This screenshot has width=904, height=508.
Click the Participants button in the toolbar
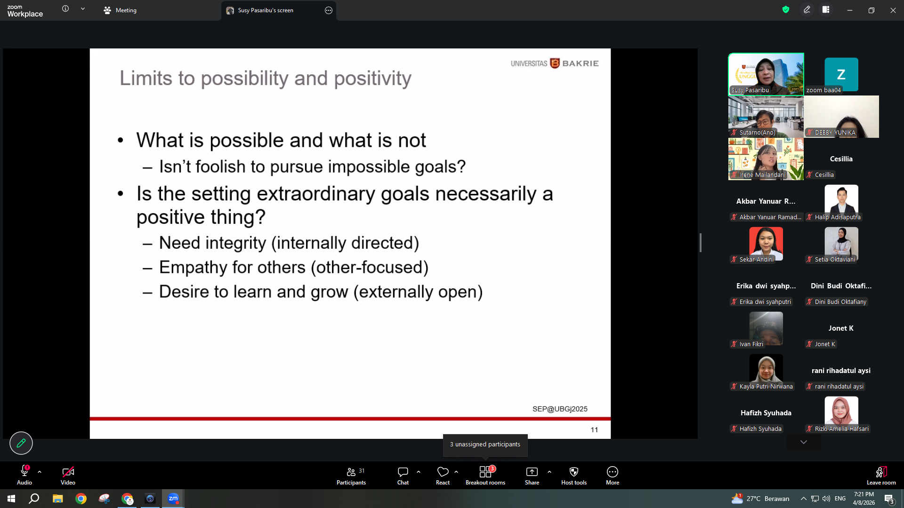coord(351,476)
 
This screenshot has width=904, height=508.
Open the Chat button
coord(403,476)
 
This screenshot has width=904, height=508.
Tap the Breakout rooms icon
coord(485,472)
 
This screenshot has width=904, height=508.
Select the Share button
coord(532,476)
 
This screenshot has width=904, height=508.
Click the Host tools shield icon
coord(574,472)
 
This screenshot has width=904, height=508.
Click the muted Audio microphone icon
coord(24,471)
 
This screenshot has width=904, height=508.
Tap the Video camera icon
coord(68,471)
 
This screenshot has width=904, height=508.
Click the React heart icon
coord(443,471)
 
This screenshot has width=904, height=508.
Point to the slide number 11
coord(594,430)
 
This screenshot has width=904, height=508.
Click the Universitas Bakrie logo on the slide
coord(555,63)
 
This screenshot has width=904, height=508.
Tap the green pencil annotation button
coord(21,443)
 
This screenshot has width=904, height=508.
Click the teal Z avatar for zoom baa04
coord(841,74)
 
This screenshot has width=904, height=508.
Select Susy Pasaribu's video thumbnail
coord(766,74)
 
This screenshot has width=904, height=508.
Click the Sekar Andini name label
coord(756,260)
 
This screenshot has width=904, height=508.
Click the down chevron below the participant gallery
coord(804,442)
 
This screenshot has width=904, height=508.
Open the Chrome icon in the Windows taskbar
coord(81,499)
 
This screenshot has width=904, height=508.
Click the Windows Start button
coord(11,499)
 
